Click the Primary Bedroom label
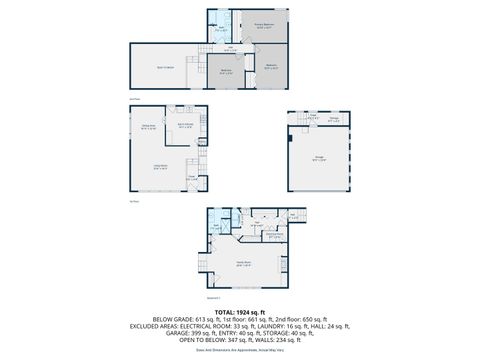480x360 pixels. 264,27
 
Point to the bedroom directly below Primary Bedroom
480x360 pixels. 271,67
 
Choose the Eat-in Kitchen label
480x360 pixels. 184,127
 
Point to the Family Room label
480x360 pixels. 243,265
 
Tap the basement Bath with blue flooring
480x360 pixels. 215,227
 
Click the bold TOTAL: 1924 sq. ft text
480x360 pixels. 239,312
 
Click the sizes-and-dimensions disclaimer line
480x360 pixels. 239,353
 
